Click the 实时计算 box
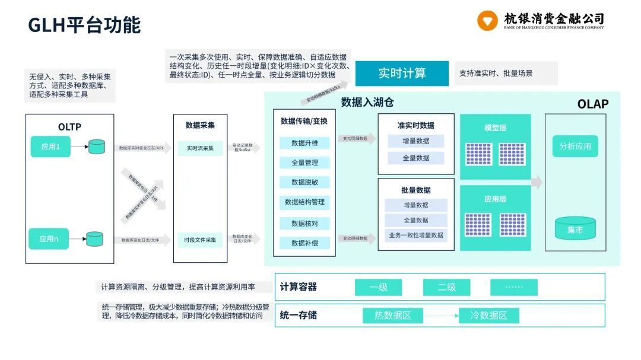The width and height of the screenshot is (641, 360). pos(402,74)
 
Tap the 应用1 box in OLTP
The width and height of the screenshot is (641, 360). pos(50,146)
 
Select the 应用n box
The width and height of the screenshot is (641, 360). pos(49,238)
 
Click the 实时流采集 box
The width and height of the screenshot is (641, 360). pos(200,148)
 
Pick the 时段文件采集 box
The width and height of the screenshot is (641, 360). pos(200,240)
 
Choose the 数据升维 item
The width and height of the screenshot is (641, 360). pos(304,143)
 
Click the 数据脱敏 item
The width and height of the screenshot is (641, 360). pos(304,182)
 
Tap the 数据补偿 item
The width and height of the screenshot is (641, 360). pos(304,243)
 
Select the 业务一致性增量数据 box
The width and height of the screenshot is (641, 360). pos(416,235)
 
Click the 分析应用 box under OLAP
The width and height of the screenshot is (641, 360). pos(575,146)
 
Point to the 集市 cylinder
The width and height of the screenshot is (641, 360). pos(575,229)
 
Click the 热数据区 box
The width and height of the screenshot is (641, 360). pos(392,316)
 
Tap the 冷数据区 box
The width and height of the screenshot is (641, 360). pos(488,316)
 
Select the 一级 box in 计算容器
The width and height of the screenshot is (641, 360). pos(378,287)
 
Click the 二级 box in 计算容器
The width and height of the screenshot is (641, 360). pos(446,287)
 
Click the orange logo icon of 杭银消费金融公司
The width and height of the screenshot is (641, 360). pos(487,21)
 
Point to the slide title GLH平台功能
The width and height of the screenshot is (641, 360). pos(84,25)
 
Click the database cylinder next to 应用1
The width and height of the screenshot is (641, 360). pos(97,146)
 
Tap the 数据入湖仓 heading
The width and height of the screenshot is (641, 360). pos(367,103)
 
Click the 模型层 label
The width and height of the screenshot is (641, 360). pos(495,128)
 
